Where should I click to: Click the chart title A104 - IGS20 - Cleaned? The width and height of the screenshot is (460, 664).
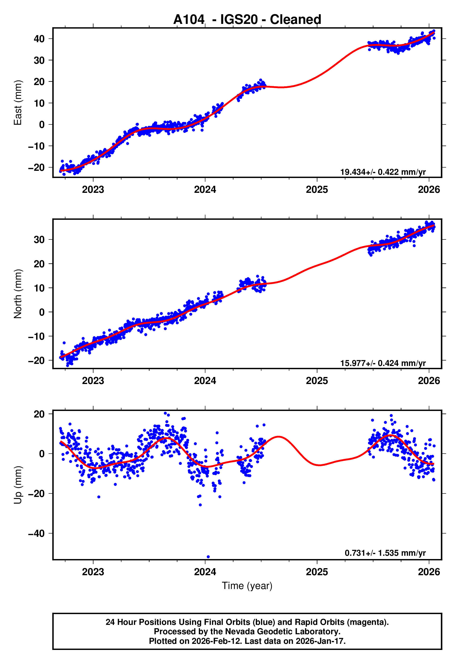[247, 20]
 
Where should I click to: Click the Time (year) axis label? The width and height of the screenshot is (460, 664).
[247, 586]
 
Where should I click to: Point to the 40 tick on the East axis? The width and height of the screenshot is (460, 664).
[39, 39]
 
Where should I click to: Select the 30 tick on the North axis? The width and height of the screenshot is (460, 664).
[39, 240]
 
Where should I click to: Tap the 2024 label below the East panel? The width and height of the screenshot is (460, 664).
[205, 190]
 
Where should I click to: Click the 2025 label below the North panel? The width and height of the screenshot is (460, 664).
[317, 381]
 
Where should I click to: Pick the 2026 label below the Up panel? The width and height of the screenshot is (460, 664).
[429, 572]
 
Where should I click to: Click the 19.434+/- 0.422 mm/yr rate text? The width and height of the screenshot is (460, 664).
[383, 172]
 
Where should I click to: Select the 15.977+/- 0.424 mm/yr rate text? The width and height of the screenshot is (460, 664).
[383, 363]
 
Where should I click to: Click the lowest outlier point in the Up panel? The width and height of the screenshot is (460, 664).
[208, 557]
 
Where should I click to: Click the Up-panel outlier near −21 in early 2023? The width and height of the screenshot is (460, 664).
[99, 497]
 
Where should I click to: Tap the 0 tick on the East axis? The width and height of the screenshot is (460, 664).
[42, 125]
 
